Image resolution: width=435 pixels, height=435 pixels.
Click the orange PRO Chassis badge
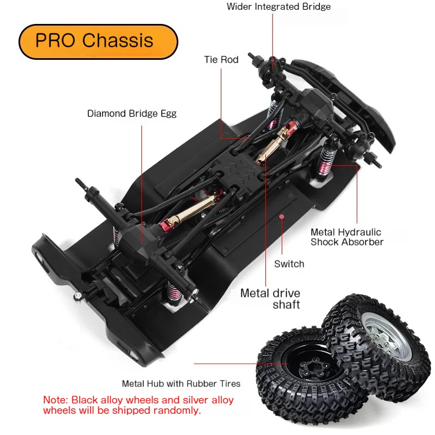tap(98, 41)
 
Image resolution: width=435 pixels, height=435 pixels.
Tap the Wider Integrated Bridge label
tap(278, 7)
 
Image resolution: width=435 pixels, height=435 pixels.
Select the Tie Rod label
tap(221, 59)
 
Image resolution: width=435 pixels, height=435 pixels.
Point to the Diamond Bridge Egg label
tap(132, 114)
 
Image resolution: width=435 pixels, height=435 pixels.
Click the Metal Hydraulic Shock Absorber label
tap(346, 237)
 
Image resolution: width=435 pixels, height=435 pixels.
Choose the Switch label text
tap(289, 264)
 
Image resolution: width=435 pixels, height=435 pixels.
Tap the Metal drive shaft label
tap(270, 299)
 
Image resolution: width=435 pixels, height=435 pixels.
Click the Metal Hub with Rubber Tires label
tap(181, 383)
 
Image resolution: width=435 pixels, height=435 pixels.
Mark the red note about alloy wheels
tap(139, 405)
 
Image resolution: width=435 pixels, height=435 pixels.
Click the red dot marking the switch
tap(282, 216)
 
